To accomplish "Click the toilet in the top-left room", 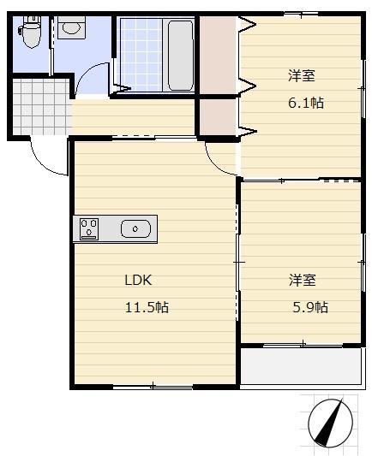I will pos(31,35).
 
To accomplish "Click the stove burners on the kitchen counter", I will pos(89,228).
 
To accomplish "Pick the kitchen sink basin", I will pos(136,228).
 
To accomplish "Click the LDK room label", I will pos(138,280).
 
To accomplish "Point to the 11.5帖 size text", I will pos(147,307).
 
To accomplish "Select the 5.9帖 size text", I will pos(309,307).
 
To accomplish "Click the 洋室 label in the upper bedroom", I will pos(301,76).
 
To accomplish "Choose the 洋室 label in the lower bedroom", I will pos(302,280).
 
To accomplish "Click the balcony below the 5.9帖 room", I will pos(302,366).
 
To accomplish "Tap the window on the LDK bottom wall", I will pos(153,386).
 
